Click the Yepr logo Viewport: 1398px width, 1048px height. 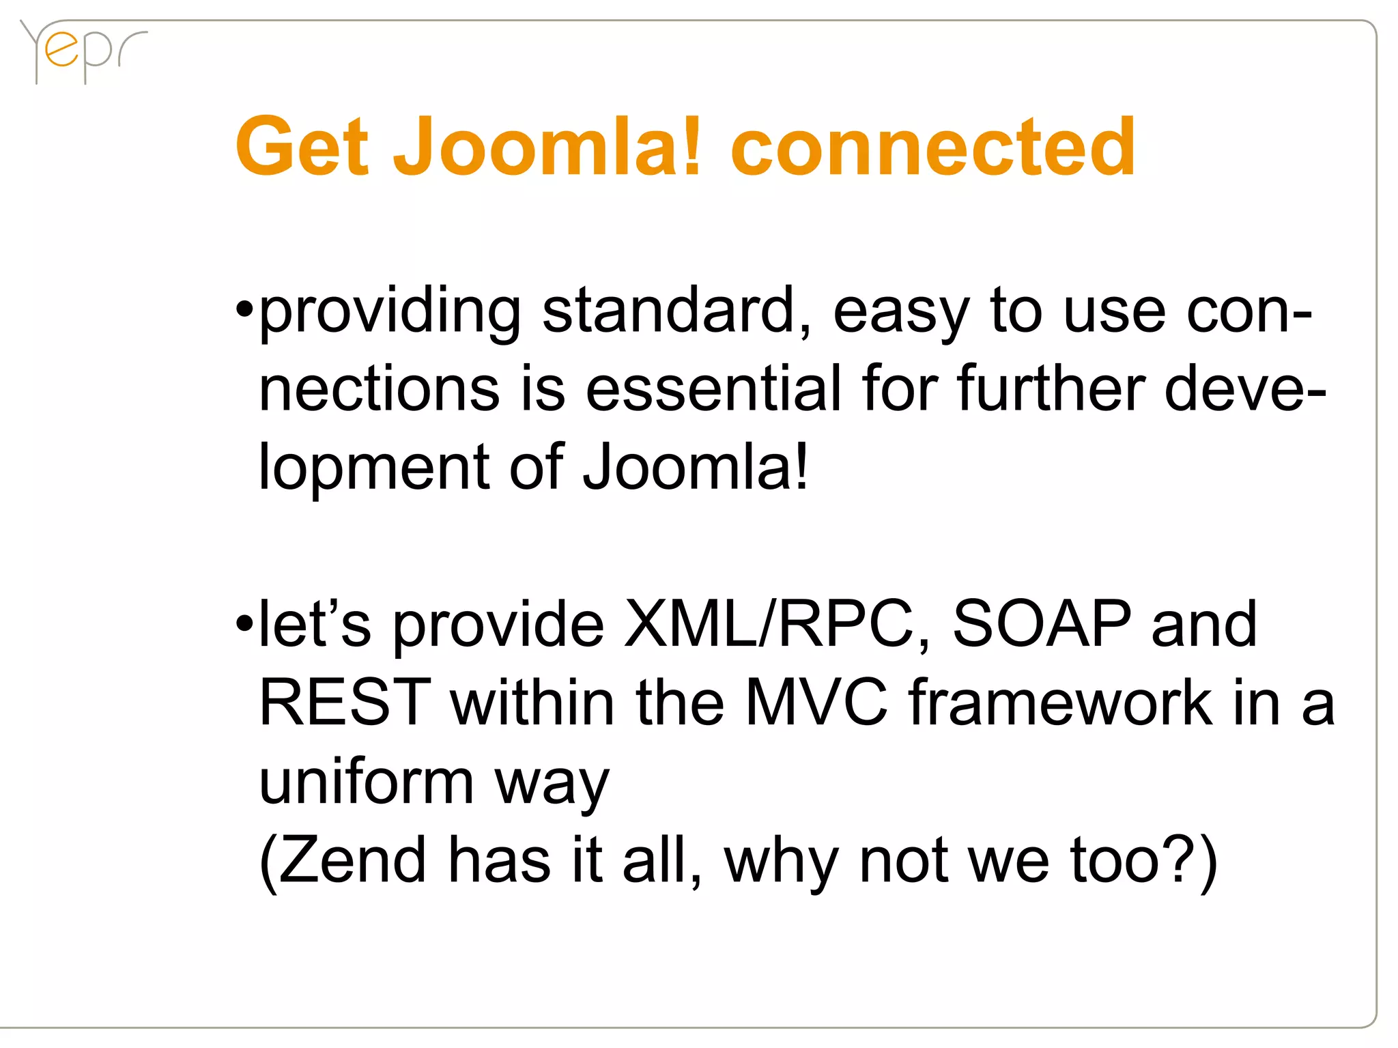[82, 51]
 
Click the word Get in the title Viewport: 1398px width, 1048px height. [302, 147]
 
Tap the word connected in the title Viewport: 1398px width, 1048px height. [932, 147]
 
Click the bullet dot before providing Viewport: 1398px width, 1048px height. [244, 311]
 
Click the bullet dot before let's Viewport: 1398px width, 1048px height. [244, 623]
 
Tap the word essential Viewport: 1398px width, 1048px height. [714, 389]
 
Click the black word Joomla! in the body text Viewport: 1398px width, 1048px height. [696, 467]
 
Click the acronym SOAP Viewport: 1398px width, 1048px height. [1042, 623]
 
